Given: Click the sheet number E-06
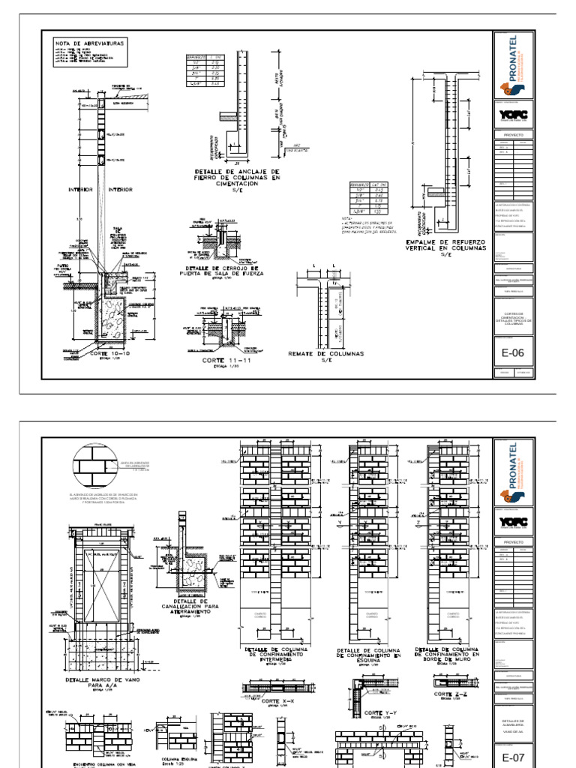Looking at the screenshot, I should [x=514, y=352].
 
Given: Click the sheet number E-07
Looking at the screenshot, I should [x=514, y=752].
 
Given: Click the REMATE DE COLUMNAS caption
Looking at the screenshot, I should [x=325, y=352].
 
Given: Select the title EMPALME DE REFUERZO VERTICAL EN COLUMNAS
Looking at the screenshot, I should [x=445, y=247].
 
